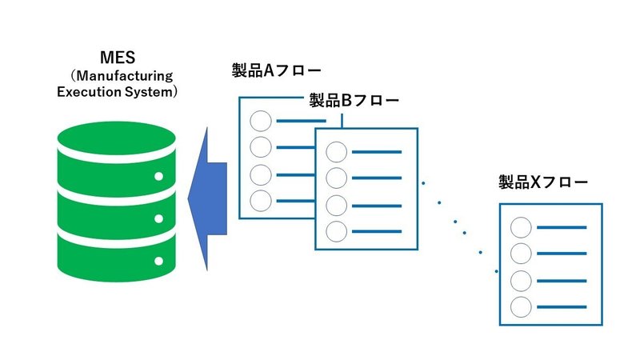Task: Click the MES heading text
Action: click(x=117, y=57)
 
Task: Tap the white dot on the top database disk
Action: click(x=158, y=176)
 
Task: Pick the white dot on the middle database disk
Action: click(x=158, y=218)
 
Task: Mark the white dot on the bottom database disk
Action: click(x=158, y=260)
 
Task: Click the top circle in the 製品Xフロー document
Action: click(x=522, y=228)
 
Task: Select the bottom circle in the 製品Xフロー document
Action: click(x=522, y=306)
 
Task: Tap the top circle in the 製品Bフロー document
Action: click(x=337, y=152)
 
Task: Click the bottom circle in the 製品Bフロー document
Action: click(x=337, y=231)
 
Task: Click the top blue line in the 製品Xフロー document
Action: click(x=562, y=228)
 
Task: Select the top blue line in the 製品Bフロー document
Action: click(x=377, y=152)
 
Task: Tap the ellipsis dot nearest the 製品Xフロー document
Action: click(x=480, y=253)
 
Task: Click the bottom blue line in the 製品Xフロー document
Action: click(x=562, y=306)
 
